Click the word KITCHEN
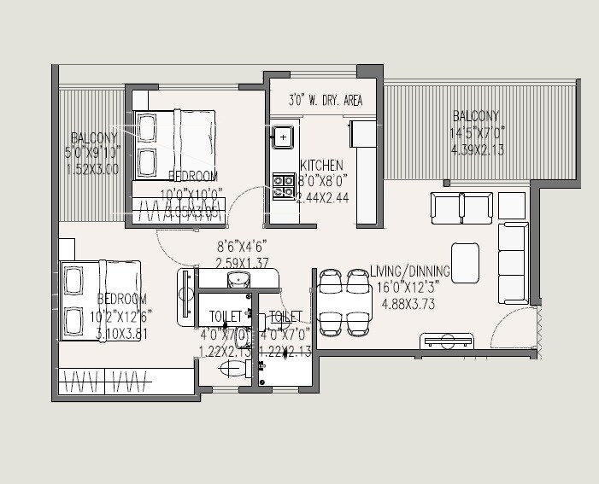[321, 165]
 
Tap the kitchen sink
[282, 136]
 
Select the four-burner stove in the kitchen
[282, 187]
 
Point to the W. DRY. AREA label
[326, 101]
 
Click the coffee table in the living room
[467, 261]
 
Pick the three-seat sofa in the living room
[512, 265]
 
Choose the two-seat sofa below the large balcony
[461, 207]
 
